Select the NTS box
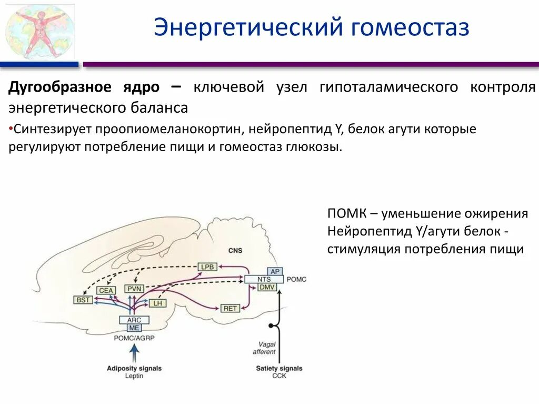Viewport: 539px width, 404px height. (264, 279)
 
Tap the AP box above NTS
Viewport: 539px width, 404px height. (274, 271)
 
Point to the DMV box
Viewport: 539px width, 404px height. (266, 287)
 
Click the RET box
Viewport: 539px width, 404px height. (231, 308)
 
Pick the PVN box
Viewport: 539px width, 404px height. (134, 289)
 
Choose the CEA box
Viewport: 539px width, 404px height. (107, 290)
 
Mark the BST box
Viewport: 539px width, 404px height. (83, 300)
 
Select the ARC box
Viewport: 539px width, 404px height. (135, 320)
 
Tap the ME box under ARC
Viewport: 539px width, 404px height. (135, 328)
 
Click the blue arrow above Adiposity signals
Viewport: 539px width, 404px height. (135, 353)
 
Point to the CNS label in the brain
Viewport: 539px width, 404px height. (235, 251)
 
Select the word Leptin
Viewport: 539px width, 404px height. (134, 376)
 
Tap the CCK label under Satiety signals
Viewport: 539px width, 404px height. (279, 376)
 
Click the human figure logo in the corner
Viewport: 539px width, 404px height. (40, 31)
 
